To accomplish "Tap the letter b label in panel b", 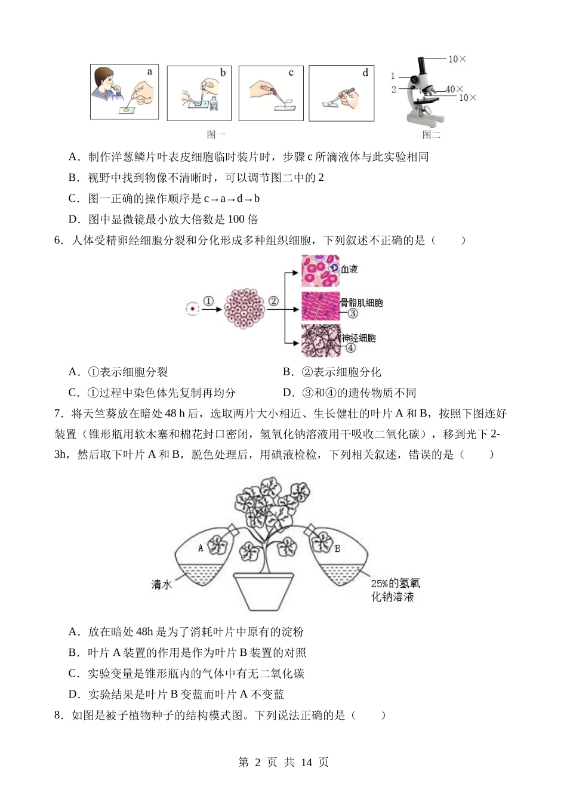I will coord(223,73).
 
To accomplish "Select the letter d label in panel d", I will coord(365,73).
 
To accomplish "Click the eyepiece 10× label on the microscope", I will coord(457,59).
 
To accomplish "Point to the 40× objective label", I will coord(454,90).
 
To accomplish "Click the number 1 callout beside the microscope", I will coord(393,76).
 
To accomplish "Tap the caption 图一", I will coord(216,135).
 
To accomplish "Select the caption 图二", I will coord(431,135).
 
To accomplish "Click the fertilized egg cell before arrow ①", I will coord(192,309).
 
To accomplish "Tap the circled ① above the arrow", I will coord(208,301).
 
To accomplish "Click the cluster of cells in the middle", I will coord(245,309).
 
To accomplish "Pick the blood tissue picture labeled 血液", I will coord(321,271).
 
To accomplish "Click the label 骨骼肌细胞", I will coord(362,303).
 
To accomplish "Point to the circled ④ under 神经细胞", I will coord(350,348).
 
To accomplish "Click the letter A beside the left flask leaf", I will coord(201,547).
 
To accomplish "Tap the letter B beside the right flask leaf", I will coord(338,548).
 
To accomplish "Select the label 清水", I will coord(161,585).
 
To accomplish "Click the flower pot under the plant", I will coord(263,591).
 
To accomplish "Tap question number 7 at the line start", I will coord(58,414).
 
